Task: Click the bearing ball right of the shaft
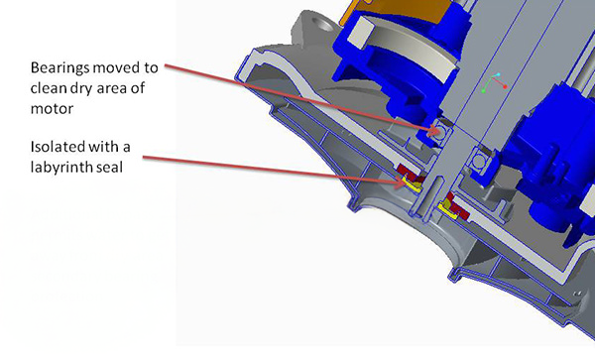pos(482,162)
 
